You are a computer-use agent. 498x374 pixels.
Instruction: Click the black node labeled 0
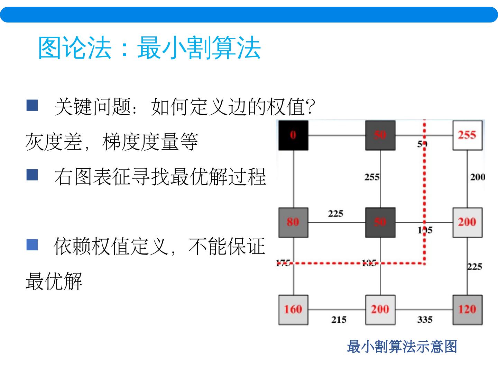coord(293,135)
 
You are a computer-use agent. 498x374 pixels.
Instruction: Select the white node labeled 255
coord(467,135)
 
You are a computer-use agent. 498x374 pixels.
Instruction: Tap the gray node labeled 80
coord(293,222)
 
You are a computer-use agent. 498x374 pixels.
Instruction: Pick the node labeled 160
coord(293,309)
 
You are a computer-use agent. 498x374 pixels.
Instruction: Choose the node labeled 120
coord(467,309)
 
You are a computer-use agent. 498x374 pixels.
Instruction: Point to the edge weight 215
coord(339,320)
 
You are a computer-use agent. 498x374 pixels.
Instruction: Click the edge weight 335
coord(425,320)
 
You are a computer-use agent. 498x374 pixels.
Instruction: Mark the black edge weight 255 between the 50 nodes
coord(372,177)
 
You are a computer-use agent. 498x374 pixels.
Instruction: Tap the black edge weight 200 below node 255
coord(477,177)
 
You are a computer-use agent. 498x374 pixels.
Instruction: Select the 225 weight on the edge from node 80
coord(335,213)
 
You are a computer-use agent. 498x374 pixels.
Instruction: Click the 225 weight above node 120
coord(474,266)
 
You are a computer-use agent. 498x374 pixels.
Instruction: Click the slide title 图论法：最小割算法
coord(149,48)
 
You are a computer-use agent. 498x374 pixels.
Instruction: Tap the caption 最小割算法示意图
coord(402,347)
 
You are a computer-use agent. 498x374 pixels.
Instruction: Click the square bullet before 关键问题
coord(32,105)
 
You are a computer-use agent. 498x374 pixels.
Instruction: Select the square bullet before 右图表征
coord(32,175)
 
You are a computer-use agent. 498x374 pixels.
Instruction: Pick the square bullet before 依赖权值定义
coord(32,245)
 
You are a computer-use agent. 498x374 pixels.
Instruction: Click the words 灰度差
coord(53,142)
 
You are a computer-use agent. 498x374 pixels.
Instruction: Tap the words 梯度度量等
coord(150,142)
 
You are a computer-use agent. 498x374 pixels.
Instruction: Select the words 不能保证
coord(227,247)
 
